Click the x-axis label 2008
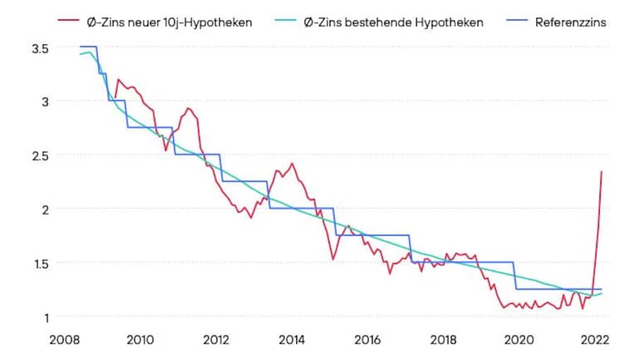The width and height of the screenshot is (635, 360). (x=64, y=340)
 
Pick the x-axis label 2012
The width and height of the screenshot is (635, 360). (x=216, y=340)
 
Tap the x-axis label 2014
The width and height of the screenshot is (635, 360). (x=291, y=340)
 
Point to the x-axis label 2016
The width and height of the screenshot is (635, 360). (x=367, y=340)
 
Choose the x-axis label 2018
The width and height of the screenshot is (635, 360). (x=442, y=340)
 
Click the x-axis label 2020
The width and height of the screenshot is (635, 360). (x=518, y=340)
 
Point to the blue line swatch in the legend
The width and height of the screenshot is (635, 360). (x=516, y=22)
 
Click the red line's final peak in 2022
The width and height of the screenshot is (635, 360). (x=601, y=172)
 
